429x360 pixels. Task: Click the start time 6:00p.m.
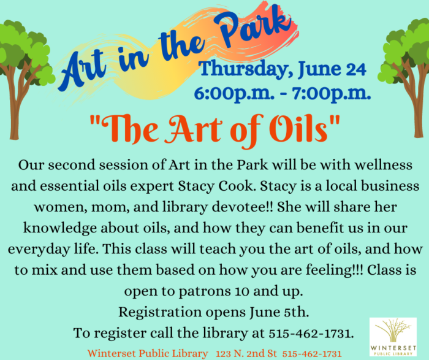click(234, 94)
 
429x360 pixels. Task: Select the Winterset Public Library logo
click(393, 337)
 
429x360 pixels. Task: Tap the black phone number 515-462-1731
click(311, 334)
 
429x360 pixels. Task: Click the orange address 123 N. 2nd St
click(246, 353)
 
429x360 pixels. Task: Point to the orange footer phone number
click(311, 354)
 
